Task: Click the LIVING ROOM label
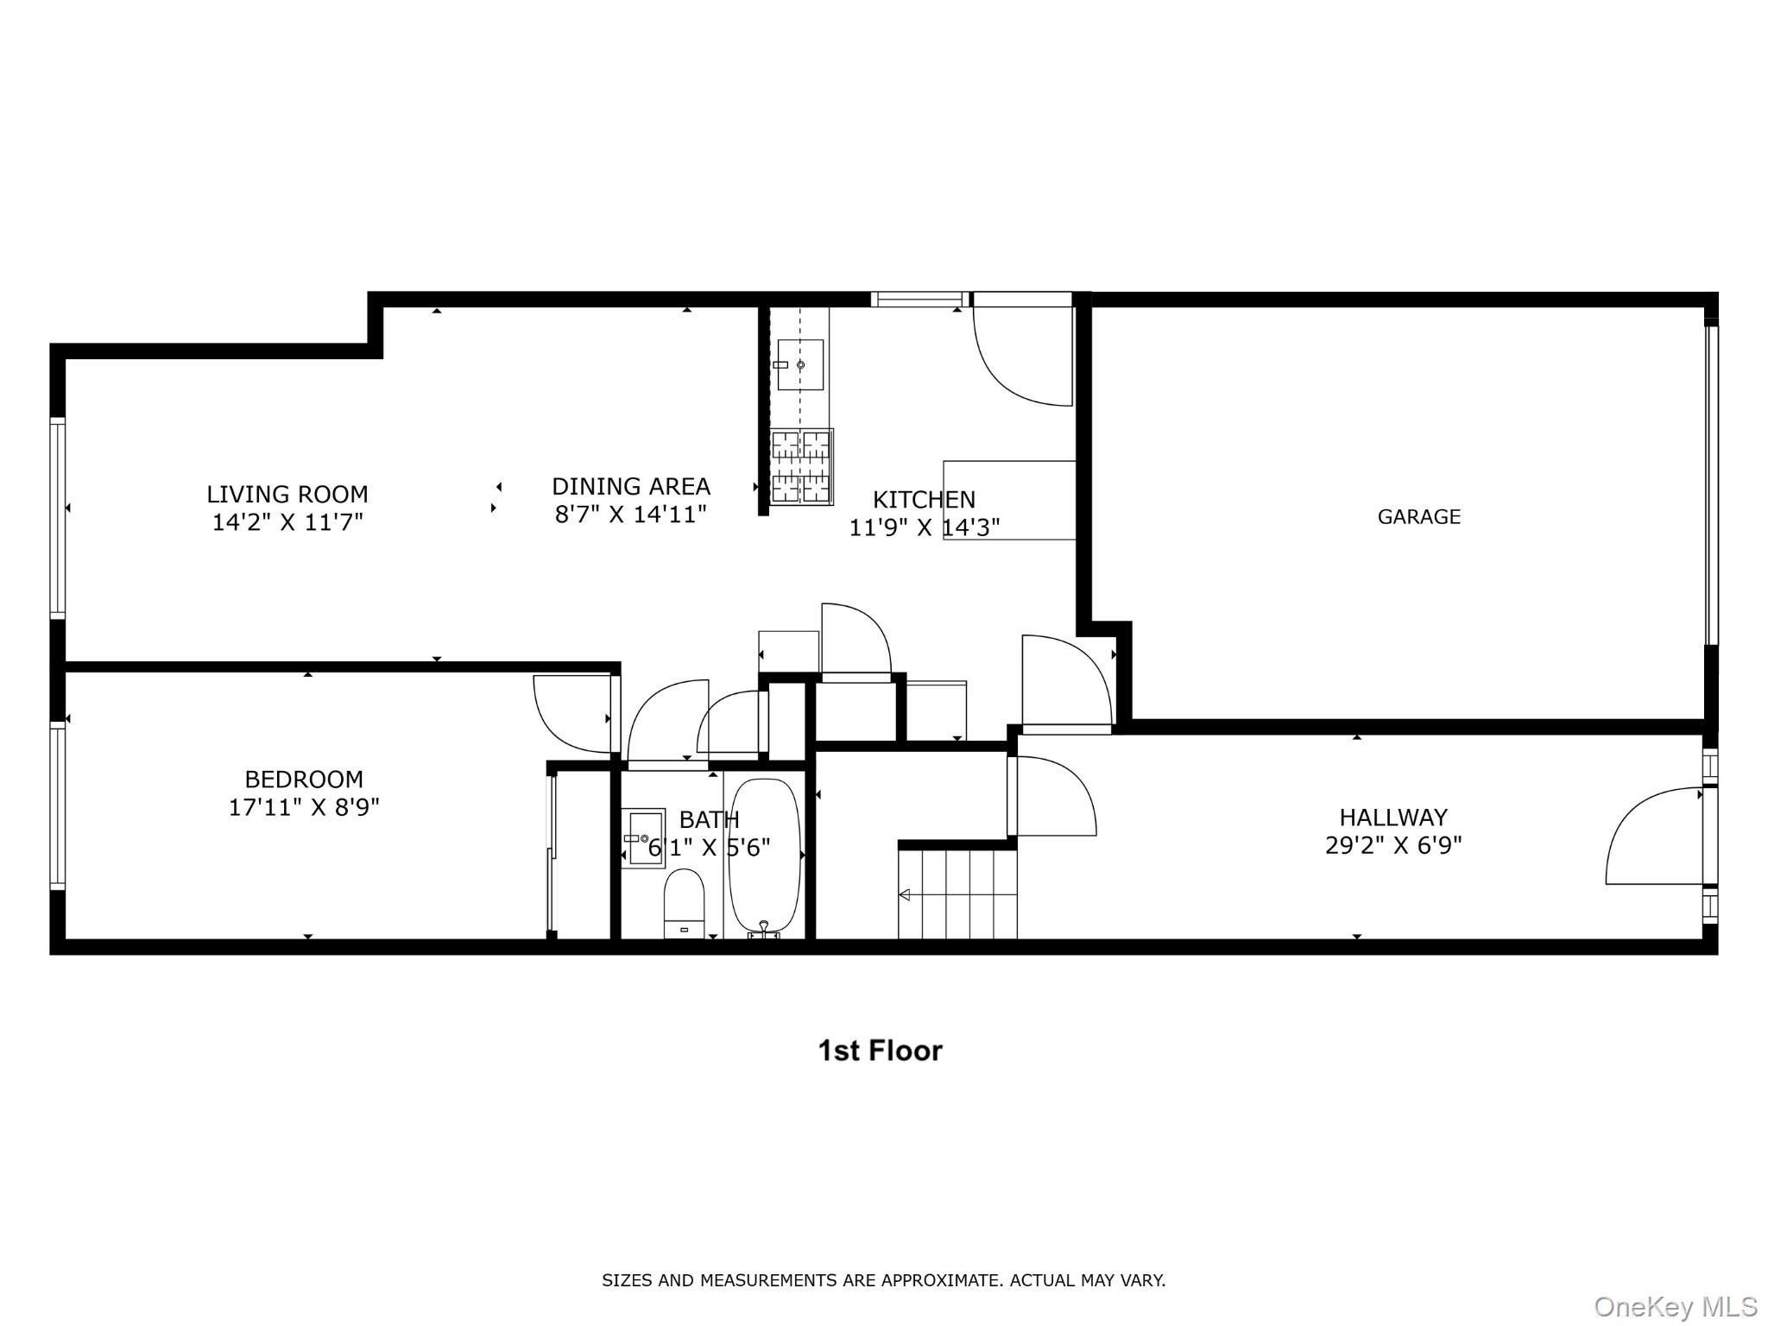pyautogui.click(x=287, y=495)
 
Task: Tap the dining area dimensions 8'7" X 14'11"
pyautogui.click(x=630, y=515)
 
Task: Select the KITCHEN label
pyautogui.click(x=924, y=500)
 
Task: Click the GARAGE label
pyautogui.click(x=1418, y=517)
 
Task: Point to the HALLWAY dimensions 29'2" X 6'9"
pyautogui.click(x=1392, y=845)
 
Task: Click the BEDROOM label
pyautogui.click(x=304, y=780)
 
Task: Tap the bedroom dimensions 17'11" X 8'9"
pyautogui.click(x=304, y=807)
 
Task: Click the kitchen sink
pyautogui.click(x=800, y=364)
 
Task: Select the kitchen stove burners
pyautogui.click(x=800, y=466)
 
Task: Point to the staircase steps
pyautogui.click(x=958, y=894)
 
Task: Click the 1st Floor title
pyautogui.click(x=880, y=1051)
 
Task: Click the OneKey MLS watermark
pyautogui.click(x=1675, y=1306)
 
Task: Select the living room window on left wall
pyautogui.click(x=58, y=516)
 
